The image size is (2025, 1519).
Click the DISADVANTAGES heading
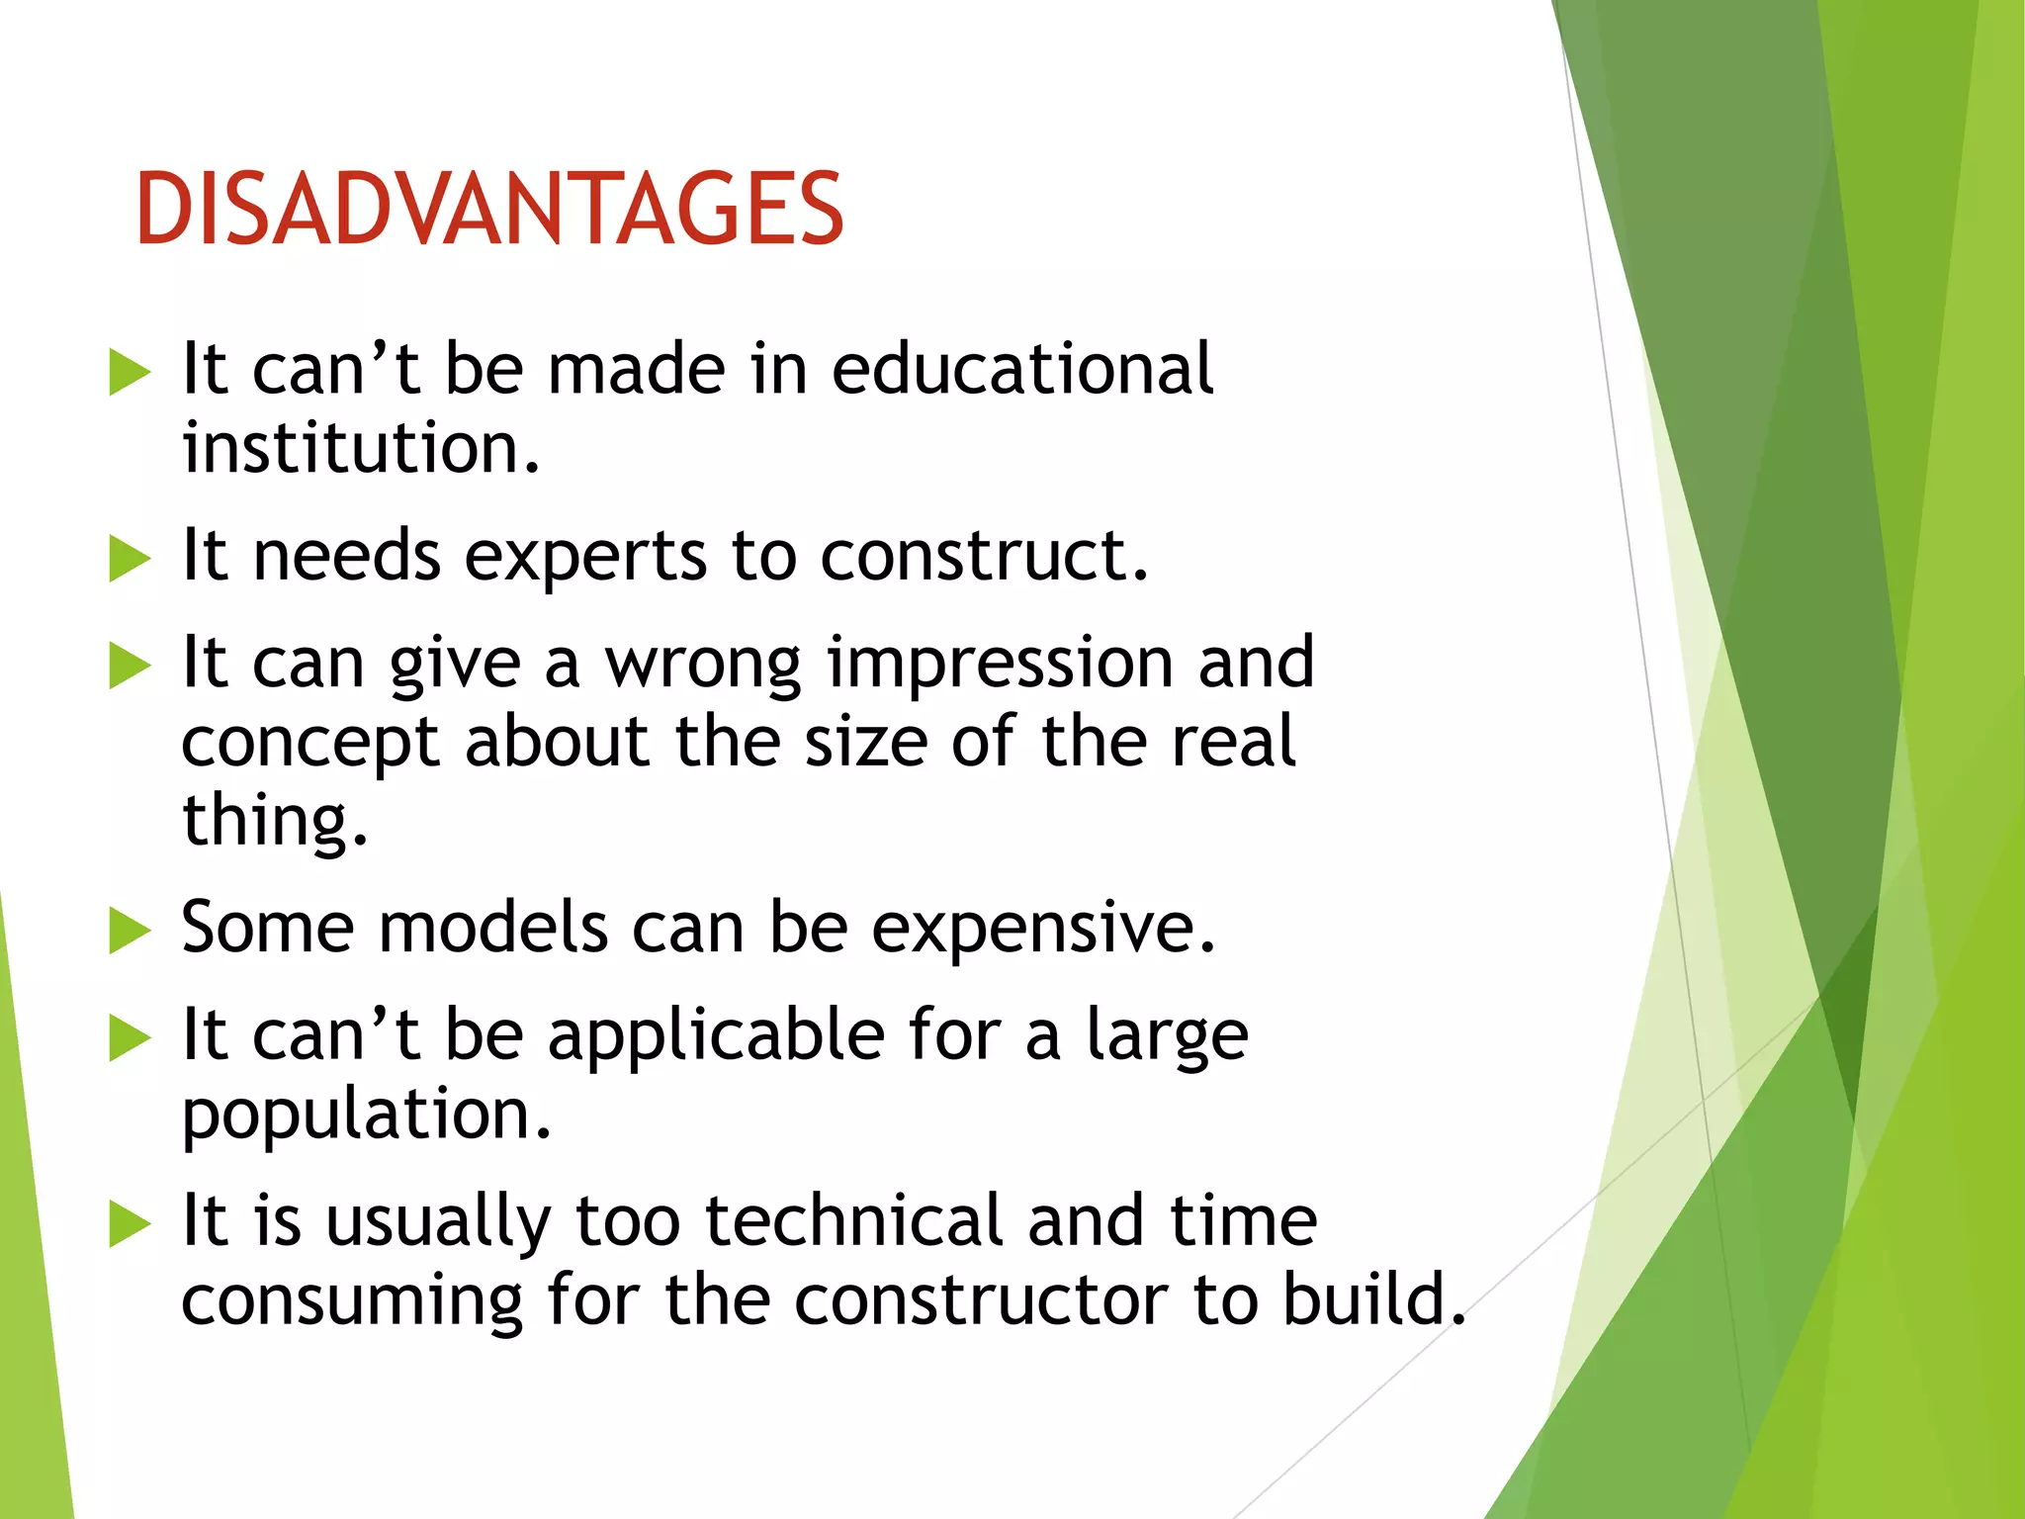[489, 209]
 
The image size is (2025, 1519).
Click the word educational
[1021, 369]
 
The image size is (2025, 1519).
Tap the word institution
[360, 448]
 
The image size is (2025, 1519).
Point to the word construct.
[983, 556]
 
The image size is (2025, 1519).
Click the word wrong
[703, 663]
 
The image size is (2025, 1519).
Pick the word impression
[1001, 665]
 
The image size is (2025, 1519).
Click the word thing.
[274, 821]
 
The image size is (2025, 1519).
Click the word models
[493, 928]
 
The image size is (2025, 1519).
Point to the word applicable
[716, 1036]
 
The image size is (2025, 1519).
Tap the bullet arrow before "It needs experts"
[130, 558]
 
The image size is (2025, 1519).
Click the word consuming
[351, 1301]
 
